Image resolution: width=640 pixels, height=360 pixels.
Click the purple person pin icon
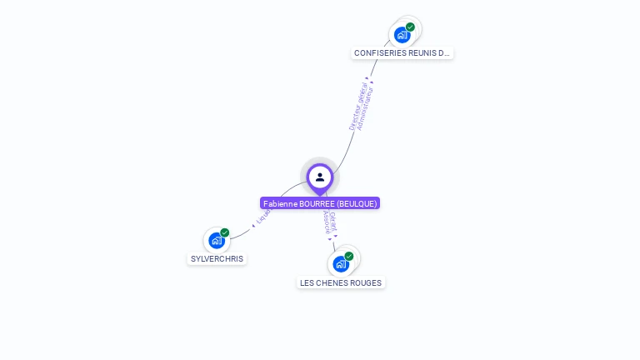[x=320, y=177]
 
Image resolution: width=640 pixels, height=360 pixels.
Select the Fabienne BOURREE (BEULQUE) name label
[x=320, y=203]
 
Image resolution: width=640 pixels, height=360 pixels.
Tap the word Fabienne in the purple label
[x=279, y=203]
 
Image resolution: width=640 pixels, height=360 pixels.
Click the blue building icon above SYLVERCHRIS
[x=217, y=241]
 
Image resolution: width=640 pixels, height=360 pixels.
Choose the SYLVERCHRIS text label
[x=217, y=259]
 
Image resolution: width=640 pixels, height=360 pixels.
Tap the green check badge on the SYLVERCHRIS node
[x=225, y=232]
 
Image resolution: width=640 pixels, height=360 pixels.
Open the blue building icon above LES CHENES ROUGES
[x=340, y=264]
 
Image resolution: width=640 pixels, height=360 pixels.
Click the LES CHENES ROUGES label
[x=341, y=283]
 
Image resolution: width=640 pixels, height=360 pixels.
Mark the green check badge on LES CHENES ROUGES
[x=349, y=256]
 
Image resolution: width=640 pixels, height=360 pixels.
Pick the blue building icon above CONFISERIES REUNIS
[x=402, y=35]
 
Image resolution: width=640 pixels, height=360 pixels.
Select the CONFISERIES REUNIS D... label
[x=402, y=53]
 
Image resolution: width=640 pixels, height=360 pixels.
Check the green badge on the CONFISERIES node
[x=411, y=27]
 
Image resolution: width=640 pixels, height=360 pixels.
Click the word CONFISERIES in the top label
[x=379, y=53]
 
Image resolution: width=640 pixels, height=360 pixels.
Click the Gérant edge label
[x=333, y=221]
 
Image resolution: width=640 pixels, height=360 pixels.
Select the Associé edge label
[x=327, y=221]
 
